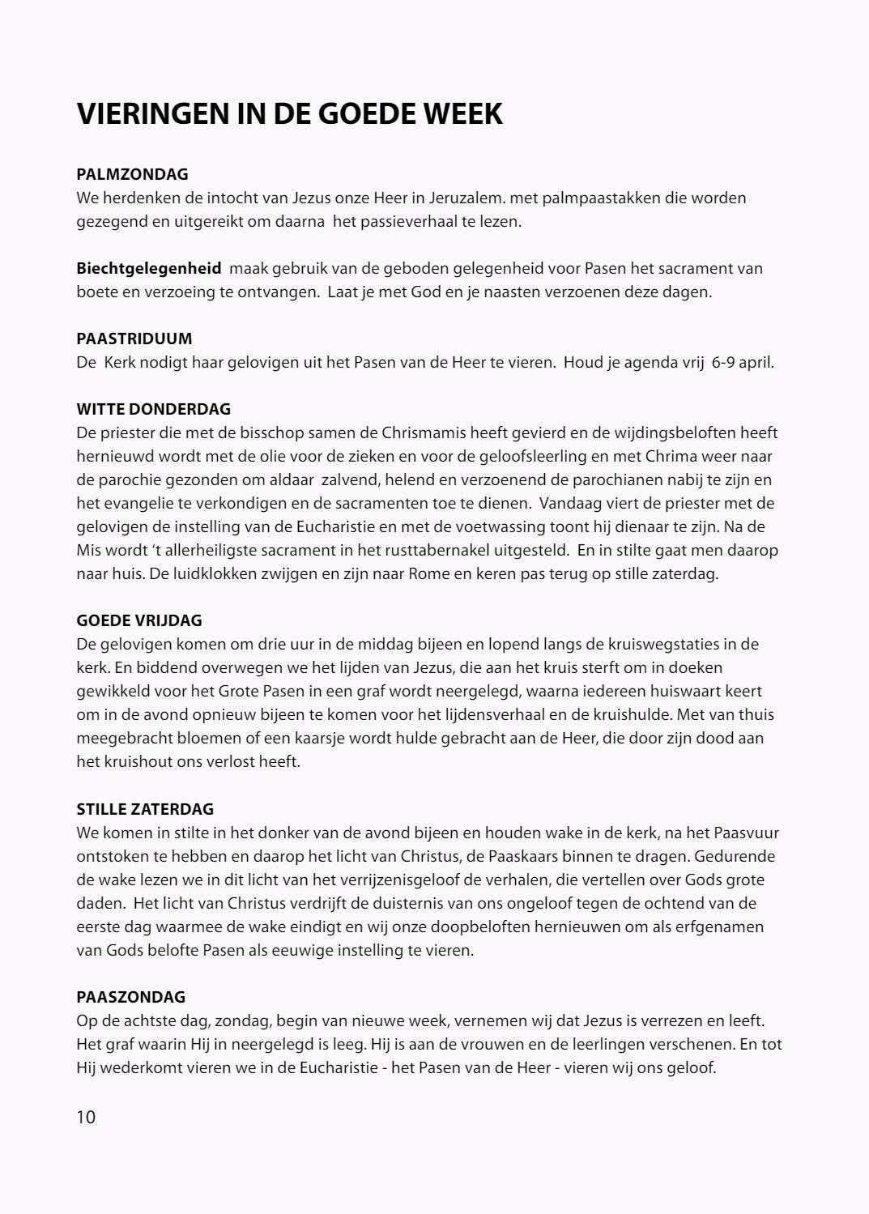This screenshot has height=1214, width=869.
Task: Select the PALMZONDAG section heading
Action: [x=132, y=174]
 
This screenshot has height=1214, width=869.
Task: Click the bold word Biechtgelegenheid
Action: [x=149, y=268]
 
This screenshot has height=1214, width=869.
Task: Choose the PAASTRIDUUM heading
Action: [x=134, y=339]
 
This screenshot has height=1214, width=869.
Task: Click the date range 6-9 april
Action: [x=742, y=362]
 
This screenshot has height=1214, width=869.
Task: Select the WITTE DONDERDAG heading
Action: [x=154, y=409]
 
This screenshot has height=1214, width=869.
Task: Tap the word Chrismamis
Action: [x=420, y=432]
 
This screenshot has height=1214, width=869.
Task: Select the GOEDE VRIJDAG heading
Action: [x=139, y=620]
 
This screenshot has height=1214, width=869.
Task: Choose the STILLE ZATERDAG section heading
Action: [x=145, y=808]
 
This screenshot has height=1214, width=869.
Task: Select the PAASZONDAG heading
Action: [x=131, y=996]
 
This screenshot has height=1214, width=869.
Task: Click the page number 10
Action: [x=86, y=1117]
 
